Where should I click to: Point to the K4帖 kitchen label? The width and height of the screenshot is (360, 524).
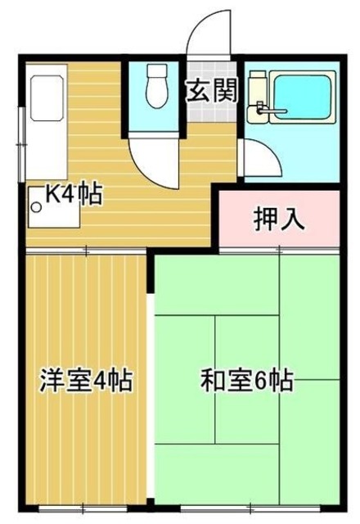point(73,195)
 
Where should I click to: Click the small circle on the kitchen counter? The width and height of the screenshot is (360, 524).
point(36,206)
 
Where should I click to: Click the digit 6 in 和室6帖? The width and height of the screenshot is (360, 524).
point(260,381)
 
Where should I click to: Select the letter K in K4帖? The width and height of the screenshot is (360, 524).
point(51,195)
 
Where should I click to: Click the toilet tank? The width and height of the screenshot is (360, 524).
point(152,73)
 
